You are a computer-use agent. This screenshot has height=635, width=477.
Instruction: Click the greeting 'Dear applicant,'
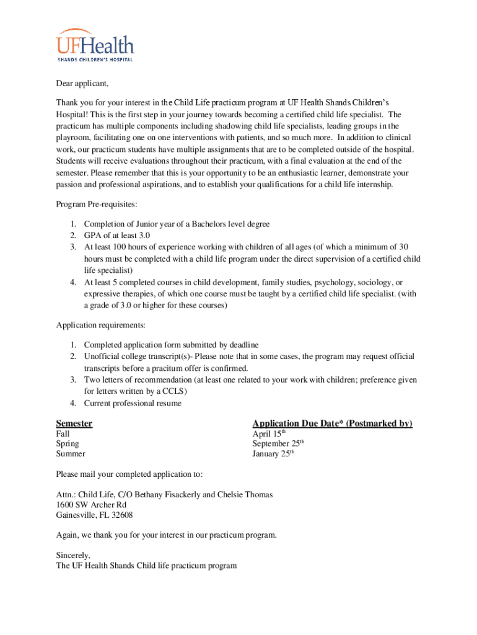coord(82,84)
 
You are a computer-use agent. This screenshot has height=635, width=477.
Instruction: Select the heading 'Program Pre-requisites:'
coord(96,205)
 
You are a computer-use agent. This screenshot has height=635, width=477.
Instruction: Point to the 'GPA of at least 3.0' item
coord(117,236)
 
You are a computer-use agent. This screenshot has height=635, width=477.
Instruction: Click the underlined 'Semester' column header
coord(74,424)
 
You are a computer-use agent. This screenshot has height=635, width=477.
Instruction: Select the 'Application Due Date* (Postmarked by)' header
coord(332,424)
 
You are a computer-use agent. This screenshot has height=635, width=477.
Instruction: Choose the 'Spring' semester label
coord(68,444)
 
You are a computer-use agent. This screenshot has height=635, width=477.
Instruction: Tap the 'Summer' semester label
coord(71,454)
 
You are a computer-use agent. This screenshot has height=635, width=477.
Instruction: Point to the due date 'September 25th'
coord(278,444)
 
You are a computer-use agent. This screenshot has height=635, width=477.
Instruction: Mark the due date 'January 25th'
coord(273,454)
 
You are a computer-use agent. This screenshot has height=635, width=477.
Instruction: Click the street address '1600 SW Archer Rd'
coord(91,505)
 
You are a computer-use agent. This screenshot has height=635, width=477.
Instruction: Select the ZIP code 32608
coord(121,515)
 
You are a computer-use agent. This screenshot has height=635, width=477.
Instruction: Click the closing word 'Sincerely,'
coord(74,556)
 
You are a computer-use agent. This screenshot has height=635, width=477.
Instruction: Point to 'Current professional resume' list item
coord(133,404)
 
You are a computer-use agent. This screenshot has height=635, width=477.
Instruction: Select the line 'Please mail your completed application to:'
coord(129,474)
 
